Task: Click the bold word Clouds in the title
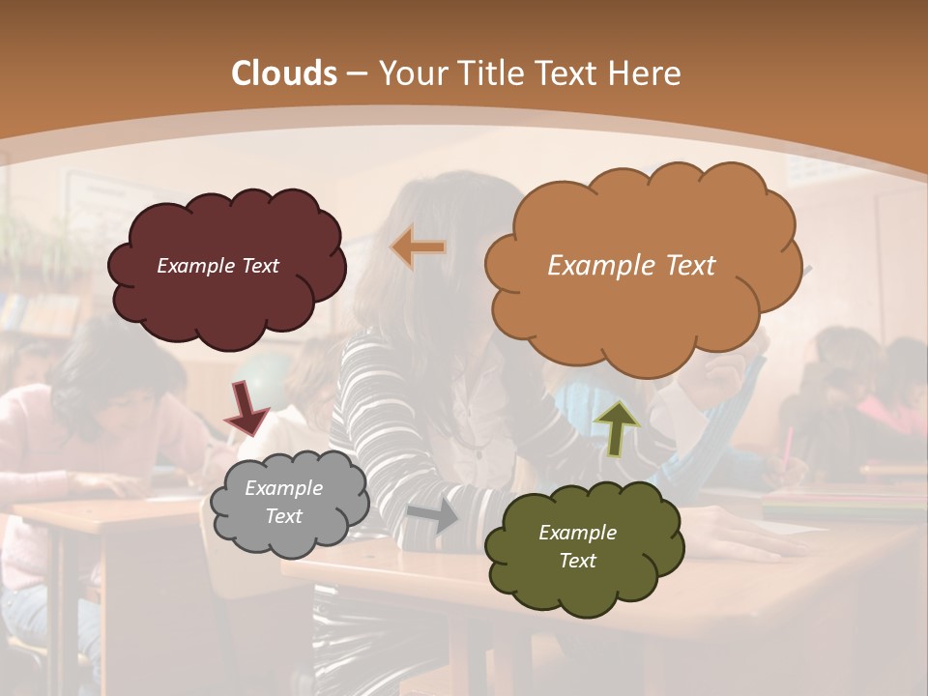(284, 73)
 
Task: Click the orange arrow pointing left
(419, 247)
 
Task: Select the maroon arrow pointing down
(246, 408)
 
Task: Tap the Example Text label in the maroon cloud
(217, 266)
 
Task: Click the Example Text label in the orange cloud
(631, 266)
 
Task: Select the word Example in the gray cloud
(283, 489)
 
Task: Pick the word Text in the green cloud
(577, 561)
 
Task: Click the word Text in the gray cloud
(283, 516)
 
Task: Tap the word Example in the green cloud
(577, 533)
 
